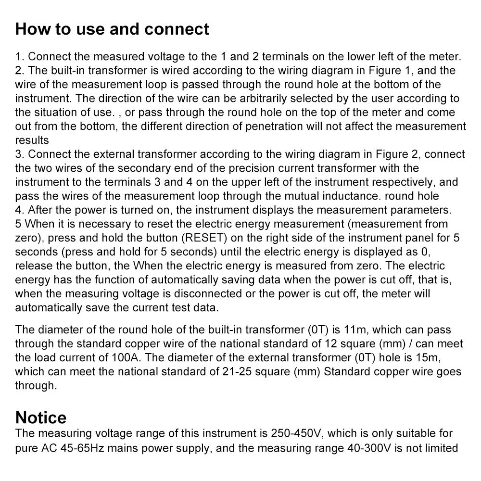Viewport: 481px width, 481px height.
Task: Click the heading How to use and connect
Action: point(112,29)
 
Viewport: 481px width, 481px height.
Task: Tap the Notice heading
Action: point(41,417)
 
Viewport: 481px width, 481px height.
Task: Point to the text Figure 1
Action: point(390,71)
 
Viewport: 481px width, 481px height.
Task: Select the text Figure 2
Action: point(394,154)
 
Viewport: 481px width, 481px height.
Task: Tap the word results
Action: point(32,140)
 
